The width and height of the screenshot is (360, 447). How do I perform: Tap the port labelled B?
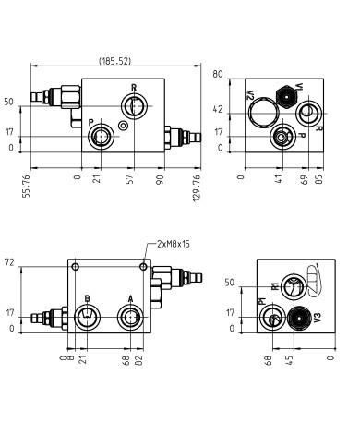tap(86, 319)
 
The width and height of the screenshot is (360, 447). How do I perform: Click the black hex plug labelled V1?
tap(286, 94)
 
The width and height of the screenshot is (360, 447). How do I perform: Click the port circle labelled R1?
tap(292, 287)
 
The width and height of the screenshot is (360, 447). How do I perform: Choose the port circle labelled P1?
tap(273, 319)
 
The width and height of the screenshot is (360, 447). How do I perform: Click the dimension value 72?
tap(10, 263)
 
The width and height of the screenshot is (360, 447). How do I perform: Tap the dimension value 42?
tap(219, 109)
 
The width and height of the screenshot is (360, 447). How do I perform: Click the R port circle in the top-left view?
tap(135, 107)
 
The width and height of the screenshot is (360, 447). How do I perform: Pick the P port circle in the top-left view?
tap(100, 138)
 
